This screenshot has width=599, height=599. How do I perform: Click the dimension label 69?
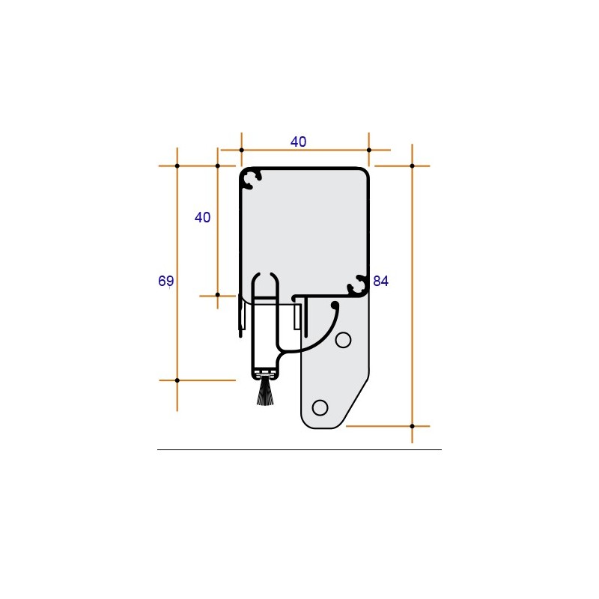pyautogui.click(x=165, y=281)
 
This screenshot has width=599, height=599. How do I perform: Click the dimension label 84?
pyautogui.click(x=380, y=281)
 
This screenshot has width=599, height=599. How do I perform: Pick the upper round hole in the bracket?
pyautogui.click(x=343, y=340)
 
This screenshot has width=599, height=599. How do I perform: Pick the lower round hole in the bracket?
pyautogui.click(x=320, y=407)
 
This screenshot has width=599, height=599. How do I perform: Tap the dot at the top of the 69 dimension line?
pyautogui.click(x=177, y=165)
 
